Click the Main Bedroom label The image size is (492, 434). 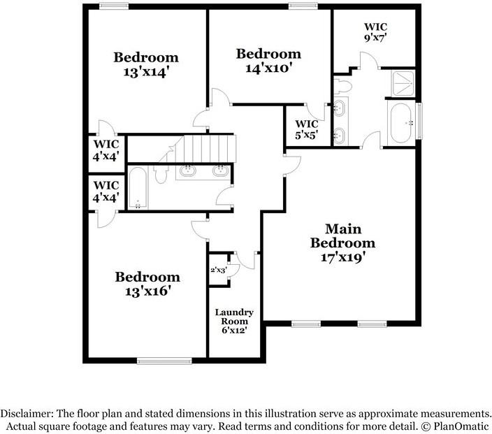tap(342, 236)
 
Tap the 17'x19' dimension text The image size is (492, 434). tap(343, 258)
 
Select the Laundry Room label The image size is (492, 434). tap(234, 317)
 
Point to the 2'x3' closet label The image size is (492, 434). tap(218, 270)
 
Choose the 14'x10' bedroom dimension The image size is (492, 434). tap(268, 68)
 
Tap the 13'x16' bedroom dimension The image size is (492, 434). tap(147, 291)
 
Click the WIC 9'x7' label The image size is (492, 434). tap(375, 32)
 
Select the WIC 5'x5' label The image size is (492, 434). tap(307, 129)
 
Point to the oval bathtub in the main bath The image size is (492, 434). tap(400, 123)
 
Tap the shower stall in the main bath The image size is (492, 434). tap(403, 83)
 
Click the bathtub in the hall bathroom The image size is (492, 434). tap(138, 188)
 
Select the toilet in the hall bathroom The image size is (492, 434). tap(161, 175)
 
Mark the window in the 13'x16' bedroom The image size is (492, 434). tap(164, 361)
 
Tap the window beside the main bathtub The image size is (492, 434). tap(419, 121)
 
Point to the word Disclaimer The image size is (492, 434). tap(27, 413)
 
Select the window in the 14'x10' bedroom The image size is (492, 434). tap(303, 6)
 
